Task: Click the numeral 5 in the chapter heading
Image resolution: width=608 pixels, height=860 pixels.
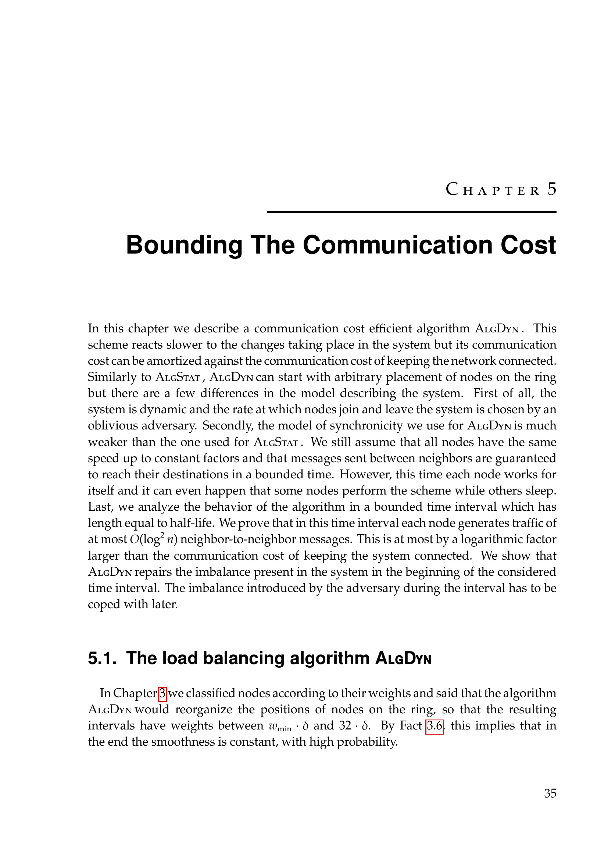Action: tap(551, 189)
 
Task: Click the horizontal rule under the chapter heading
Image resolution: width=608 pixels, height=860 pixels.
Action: tap(411, 212)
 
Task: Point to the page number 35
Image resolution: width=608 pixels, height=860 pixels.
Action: tap(550, 793)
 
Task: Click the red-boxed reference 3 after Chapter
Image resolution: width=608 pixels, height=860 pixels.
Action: tap(162, 693)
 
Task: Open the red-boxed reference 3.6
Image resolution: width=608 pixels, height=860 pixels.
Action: tap(434, 725)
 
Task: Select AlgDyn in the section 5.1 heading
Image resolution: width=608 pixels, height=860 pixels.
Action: tap(403, 659)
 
